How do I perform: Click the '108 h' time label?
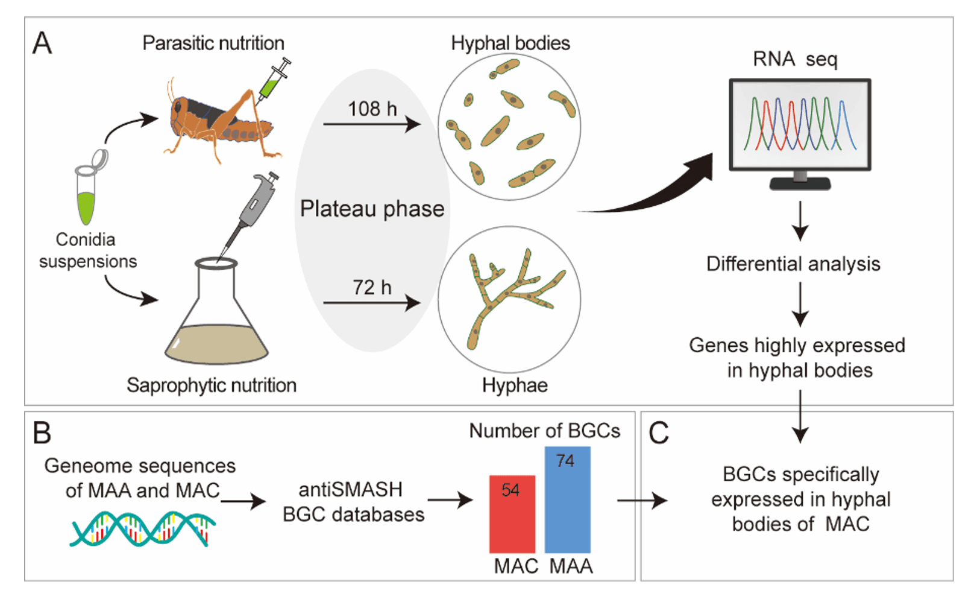click(x=372, y=109)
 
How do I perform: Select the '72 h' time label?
click(x=372, y=287)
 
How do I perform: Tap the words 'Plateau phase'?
click(x=372, y=209)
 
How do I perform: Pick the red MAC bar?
click(x=512, y=519)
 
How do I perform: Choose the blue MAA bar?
click(x=567, y=507)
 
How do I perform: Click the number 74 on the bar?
click(x=565, y=461)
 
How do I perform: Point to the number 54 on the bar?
click(x=511, y=490)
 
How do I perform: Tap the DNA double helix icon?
click(x=142, y=529)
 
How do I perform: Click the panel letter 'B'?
click(x=42, y=432)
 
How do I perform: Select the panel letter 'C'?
click(x=658, y=432)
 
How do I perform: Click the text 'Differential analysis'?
click(x=793, y=264)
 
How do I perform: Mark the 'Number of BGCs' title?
click(x=544, y=431)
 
